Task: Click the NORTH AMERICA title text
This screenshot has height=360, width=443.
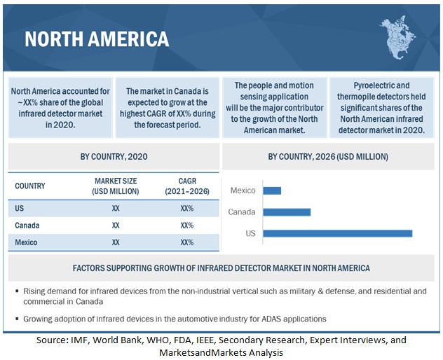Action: pos(97,39)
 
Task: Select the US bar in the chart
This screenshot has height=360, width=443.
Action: pos(337,233)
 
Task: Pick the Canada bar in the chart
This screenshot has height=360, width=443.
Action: pos(287,212)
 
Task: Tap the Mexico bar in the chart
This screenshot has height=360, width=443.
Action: pos(272,191)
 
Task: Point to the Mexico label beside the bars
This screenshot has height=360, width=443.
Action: pos(243,191)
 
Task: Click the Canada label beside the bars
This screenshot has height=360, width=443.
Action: pos(242,212)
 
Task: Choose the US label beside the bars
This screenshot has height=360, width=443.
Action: pos(250,233)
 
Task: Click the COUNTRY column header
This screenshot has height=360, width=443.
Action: pos(29,186)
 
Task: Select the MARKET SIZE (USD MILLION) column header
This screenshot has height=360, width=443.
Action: pos(116,186)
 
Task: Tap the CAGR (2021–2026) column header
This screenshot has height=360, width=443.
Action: pos(186,186)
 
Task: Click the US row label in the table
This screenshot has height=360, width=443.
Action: pos(19,208)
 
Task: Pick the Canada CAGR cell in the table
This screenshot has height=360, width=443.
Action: pos(186,226)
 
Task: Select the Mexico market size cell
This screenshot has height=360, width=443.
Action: pos(116,242)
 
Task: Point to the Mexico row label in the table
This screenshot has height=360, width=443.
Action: pos(26,242)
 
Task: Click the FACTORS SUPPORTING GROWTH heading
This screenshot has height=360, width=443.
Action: pos(221,268)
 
